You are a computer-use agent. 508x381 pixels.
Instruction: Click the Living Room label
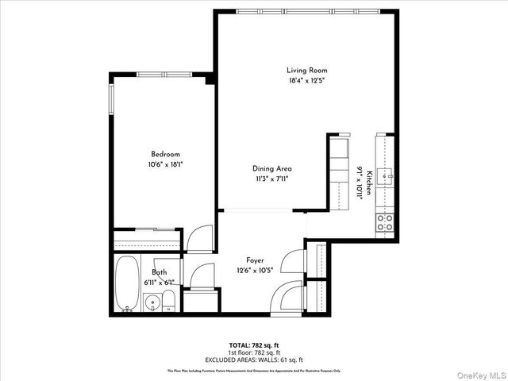coord(306,71)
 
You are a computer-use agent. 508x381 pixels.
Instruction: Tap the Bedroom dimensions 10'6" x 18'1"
coord(167,164)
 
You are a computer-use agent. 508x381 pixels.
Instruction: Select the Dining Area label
coord(272,168)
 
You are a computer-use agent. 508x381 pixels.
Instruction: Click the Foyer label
coord(254,260)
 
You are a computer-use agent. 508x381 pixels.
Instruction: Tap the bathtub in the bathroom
coord(126,283)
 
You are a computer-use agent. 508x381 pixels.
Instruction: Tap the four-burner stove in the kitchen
coord(385,221)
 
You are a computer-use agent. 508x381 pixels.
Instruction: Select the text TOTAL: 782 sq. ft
coord(254,345)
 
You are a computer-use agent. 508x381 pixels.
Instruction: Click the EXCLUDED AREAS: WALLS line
coord(254,359)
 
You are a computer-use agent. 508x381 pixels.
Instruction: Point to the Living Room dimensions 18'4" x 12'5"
coord(306,80)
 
